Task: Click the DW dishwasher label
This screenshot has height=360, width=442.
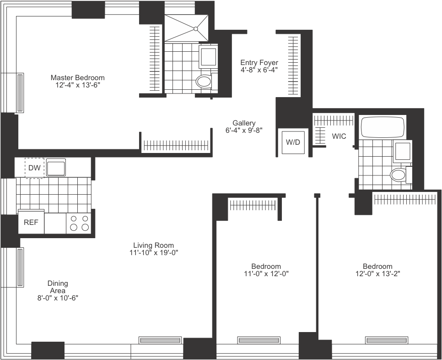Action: pos(34,168)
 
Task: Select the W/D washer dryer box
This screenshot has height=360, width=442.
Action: pos(293,142)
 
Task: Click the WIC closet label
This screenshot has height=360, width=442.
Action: pos(339,136)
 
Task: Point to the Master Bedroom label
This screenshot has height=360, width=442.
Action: pos(77,77)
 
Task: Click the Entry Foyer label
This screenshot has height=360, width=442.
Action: pos(259,62)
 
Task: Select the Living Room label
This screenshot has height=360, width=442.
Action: pos(154,245)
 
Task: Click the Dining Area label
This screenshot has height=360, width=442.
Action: pos(58,287)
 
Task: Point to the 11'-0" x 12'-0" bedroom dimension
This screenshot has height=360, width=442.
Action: pos(266,273)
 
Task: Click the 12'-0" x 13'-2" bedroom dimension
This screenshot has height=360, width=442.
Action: pos(377,273)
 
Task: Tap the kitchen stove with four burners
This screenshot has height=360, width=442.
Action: pos(78,224)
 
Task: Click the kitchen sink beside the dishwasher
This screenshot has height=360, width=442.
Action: pos(56,167)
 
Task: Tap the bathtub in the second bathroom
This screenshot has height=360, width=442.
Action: pos(383,127)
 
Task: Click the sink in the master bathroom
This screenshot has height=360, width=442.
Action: pos(209,56)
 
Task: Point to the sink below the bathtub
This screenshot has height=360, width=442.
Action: pos(402,151)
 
